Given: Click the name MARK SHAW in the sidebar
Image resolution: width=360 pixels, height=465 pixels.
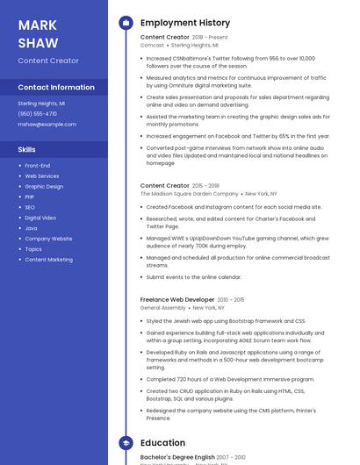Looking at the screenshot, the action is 39,33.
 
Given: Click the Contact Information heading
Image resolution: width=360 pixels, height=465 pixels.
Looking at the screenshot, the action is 56,87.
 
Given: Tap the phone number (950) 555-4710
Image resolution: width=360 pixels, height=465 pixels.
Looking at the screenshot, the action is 38,113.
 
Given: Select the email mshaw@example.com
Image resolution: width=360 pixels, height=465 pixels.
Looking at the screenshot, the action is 47,124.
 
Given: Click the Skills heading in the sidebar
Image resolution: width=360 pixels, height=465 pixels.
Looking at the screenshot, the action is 27,149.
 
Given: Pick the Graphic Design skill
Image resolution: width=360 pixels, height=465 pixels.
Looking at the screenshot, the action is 44,186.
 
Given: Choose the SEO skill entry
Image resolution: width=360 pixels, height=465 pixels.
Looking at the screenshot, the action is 30,207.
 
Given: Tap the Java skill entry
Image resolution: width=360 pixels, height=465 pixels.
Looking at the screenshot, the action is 31,228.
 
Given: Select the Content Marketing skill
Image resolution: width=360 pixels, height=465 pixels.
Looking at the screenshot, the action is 48,260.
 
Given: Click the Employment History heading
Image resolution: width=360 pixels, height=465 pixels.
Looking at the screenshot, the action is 185,23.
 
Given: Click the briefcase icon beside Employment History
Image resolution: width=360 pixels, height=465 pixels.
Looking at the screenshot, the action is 125,23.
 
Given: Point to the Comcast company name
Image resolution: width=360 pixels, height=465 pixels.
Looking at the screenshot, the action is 152,45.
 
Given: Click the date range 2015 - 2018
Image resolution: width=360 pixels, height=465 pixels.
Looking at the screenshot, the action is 206,185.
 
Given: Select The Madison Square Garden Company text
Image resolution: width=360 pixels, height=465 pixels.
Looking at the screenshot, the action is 189,193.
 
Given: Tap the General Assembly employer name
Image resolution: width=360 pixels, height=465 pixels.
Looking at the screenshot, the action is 163,308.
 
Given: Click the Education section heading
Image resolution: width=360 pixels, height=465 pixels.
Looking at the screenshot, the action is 162,443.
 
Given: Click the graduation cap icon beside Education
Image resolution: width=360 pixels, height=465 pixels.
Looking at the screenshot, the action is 125,443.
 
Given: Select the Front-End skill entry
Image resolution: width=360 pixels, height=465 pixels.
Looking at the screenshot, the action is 38,165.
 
